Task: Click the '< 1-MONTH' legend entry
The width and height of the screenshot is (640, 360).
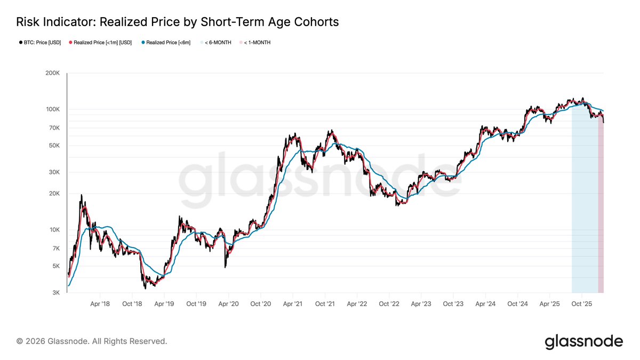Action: tap(257, 42)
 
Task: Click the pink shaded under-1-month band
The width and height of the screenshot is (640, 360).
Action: tap(601, 213)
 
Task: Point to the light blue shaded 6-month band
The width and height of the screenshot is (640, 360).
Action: tap(584, 213)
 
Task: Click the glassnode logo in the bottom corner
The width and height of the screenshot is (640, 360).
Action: tap(583, 341)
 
